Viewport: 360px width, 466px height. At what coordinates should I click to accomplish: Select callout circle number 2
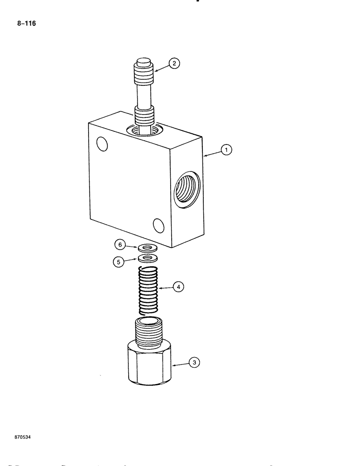point(174,64)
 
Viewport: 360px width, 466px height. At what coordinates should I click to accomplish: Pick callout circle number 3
point(194,362)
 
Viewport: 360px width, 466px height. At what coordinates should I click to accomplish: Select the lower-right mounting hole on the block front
point(159,226)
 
